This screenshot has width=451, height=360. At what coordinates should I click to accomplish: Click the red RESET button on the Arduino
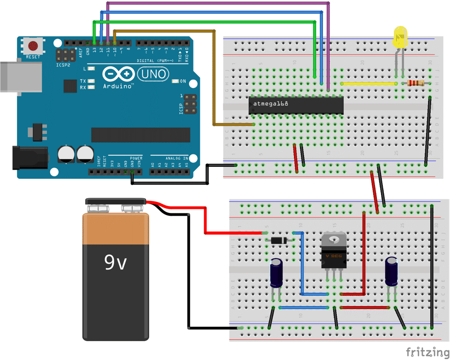[33, 46]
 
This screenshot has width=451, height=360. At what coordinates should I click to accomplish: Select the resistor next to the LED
[416, 83]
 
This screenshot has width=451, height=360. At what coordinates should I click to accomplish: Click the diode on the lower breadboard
[278, 240]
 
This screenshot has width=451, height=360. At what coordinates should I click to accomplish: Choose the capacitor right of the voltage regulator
[392, 271]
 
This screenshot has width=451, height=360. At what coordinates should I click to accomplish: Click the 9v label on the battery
[115, 262]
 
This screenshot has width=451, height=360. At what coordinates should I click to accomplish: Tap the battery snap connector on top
[116, 201]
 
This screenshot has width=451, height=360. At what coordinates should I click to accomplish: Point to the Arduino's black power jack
[29, 157]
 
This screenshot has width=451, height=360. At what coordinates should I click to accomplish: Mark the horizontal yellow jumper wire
[369, 84]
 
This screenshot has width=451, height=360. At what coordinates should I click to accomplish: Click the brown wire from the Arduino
[215, 78]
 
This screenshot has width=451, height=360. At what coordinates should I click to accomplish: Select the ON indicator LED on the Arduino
[176, 82]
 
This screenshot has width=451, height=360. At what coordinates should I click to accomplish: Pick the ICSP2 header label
[64, 65]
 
